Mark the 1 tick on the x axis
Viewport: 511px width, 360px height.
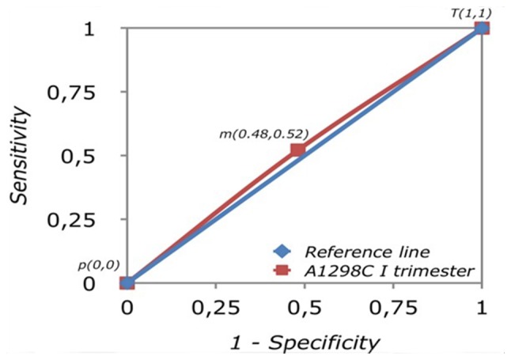481,306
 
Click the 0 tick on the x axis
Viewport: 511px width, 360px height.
127,306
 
